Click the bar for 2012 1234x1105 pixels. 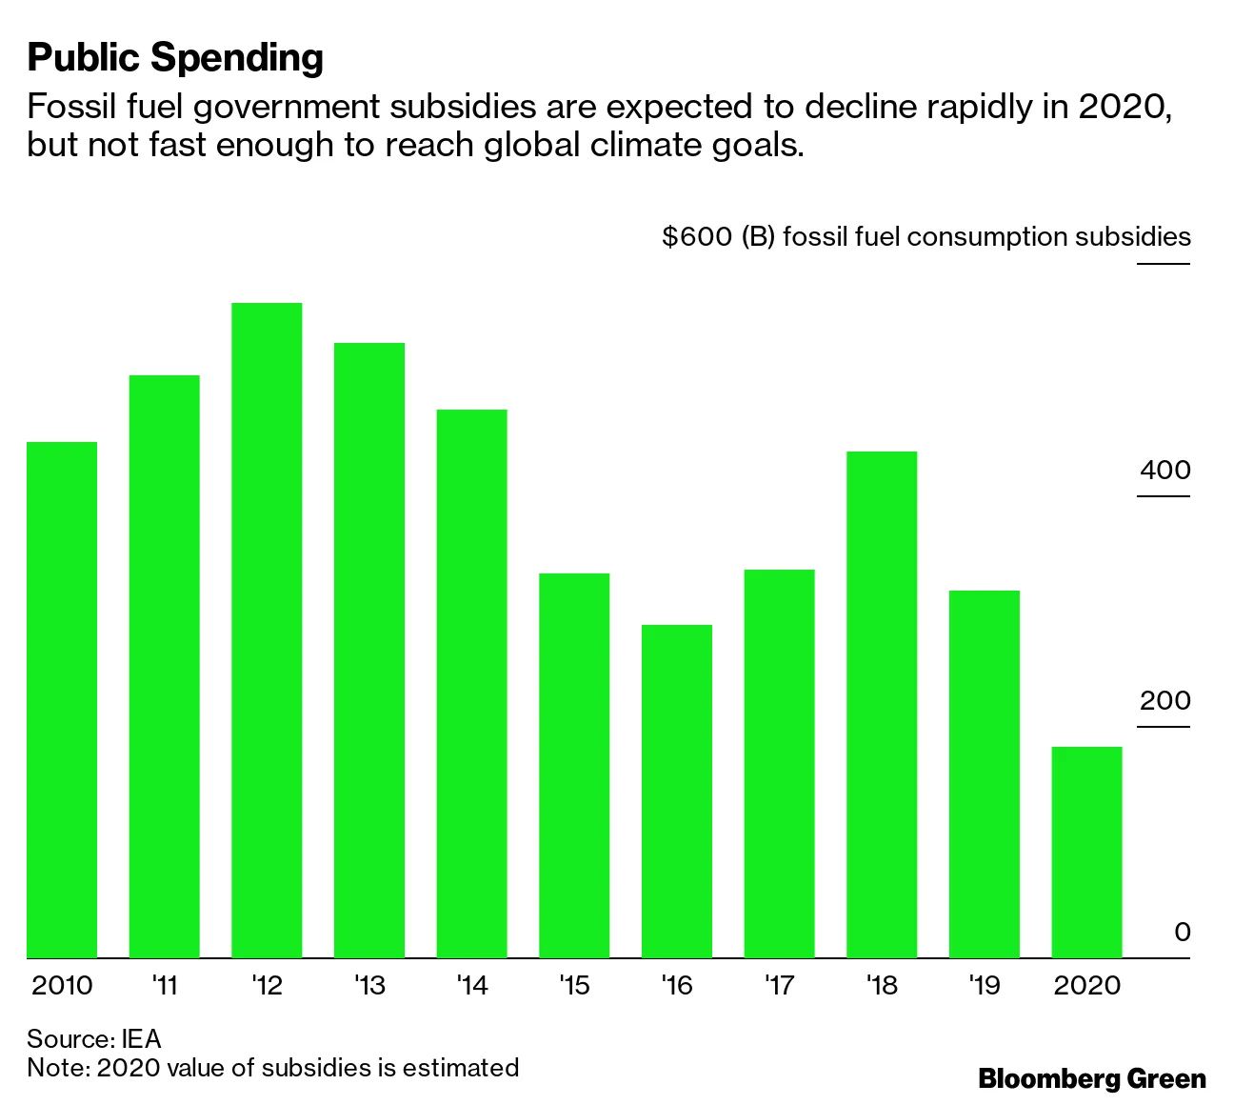[x=267, y=629]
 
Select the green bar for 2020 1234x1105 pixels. [x=1086, y=852]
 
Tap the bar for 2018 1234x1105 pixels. [x=882, y=704]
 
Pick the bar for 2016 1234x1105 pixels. [x=676, y=791]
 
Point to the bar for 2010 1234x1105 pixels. [x=62, y=699]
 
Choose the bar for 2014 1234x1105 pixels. [x=471, y=683]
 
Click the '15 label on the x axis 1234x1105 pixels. [x=574, y=985]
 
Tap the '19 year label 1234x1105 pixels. [x=984, y=985]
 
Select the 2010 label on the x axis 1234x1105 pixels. [x=62, y=985]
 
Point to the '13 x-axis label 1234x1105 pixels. [x=368, y=985]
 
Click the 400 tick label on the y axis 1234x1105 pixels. [x=1164, y=471]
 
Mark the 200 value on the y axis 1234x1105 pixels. [x=1164, y=701]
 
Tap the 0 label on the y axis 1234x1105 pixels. [x=1182, y=932]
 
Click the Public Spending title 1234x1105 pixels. [x=175, y=58]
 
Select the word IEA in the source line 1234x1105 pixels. [x=141, y=1037]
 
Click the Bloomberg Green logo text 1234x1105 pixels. [x=1092, y=1078]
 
